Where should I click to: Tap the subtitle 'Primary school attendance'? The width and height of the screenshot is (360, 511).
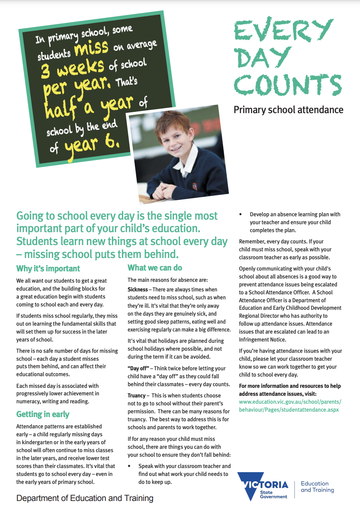tap(288, 110)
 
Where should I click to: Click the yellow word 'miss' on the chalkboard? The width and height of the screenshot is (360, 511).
tap(91, 48)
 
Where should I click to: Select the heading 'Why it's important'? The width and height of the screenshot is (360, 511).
tap(48, 268)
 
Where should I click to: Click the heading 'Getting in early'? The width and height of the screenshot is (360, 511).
tap(43, 415)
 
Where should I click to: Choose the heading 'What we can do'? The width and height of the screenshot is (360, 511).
tap(155, 268)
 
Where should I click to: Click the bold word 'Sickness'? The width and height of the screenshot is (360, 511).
tap(138, 289)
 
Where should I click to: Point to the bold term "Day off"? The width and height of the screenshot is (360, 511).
tap(137, 368)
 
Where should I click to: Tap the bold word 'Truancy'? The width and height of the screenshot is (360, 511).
tap(137, 395)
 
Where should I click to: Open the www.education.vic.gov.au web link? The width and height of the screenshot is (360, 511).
tap(290, 406)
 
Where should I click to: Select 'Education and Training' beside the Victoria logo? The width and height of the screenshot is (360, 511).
tap(317, 487)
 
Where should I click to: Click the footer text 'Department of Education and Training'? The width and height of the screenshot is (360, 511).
tap(85, 498)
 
